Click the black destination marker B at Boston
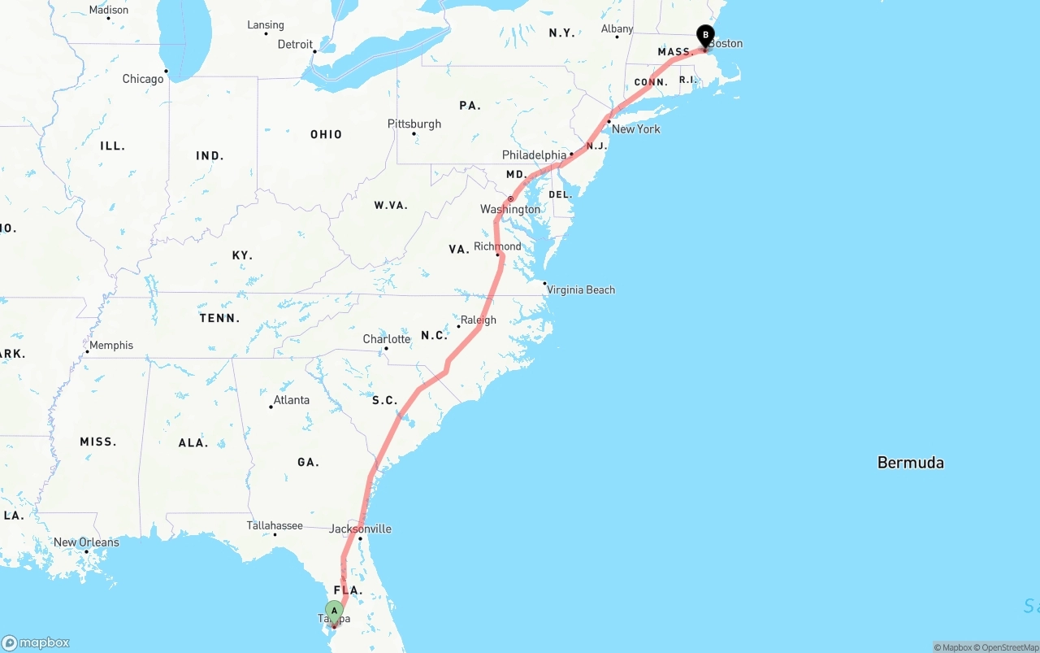(706, 35)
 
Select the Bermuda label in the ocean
(910, 463)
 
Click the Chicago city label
(143, 79)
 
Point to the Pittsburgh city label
(414, 124)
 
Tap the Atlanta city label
(291, 400)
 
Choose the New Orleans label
(86, 542)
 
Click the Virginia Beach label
(580, 289)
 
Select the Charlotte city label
(387, 339)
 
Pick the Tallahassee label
(275, 525)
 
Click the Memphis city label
(111, 345)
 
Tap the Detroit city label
(295, 44)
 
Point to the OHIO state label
(326, 134)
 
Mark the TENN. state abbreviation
(219, 318)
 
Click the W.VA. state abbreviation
(391, 205)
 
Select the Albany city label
(617, 29)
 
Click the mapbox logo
(36, 642)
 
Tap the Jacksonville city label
(360, 529)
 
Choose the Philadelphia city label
(534, 155)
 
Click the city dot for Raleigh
(459, 326)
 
